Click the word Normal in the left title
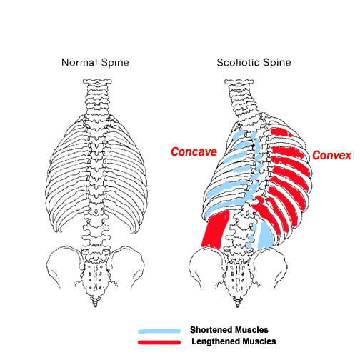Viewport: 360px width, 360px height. tap(79, 63)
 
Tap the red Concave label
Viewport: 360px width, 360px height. tap(194, 151)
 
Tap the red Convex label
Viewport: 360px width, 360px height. tap(331, 155)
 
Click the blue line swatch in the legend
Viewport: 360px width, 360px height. tap(159, 331)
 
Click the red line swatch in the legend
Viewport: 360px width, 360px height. tap(159, 342)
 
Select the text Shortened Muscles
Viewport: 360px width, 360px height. tap(229, 330)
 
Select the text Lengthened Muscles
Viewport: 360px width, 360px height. tap(234, 341)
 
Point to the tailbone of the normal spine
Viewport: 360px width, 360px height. tap(95, 302)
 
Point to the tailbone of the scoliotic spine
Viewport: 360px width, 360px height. tap(237, 302)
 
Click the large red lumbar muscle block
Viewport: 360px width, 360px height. tap(216, 229)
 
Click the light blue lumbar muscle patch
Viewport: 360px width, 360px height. tap(266, 236)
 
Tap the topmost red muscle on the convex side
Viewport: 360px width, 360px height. tap(281, 132)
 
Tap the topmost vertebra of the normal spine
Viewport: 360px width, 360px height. tap(97, 81)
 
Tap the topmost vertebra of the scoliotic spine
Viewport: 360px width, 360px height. tap(239, 82)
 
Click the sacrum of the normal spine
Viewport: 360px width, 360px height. tap(95, 277)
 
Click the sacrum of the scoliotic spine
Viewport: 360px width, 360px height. tap(237, 277)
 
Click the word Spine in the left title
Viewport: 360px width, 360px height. tap(115, 63)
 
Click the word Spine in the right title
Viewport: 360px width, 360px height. tap(277, 63)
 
